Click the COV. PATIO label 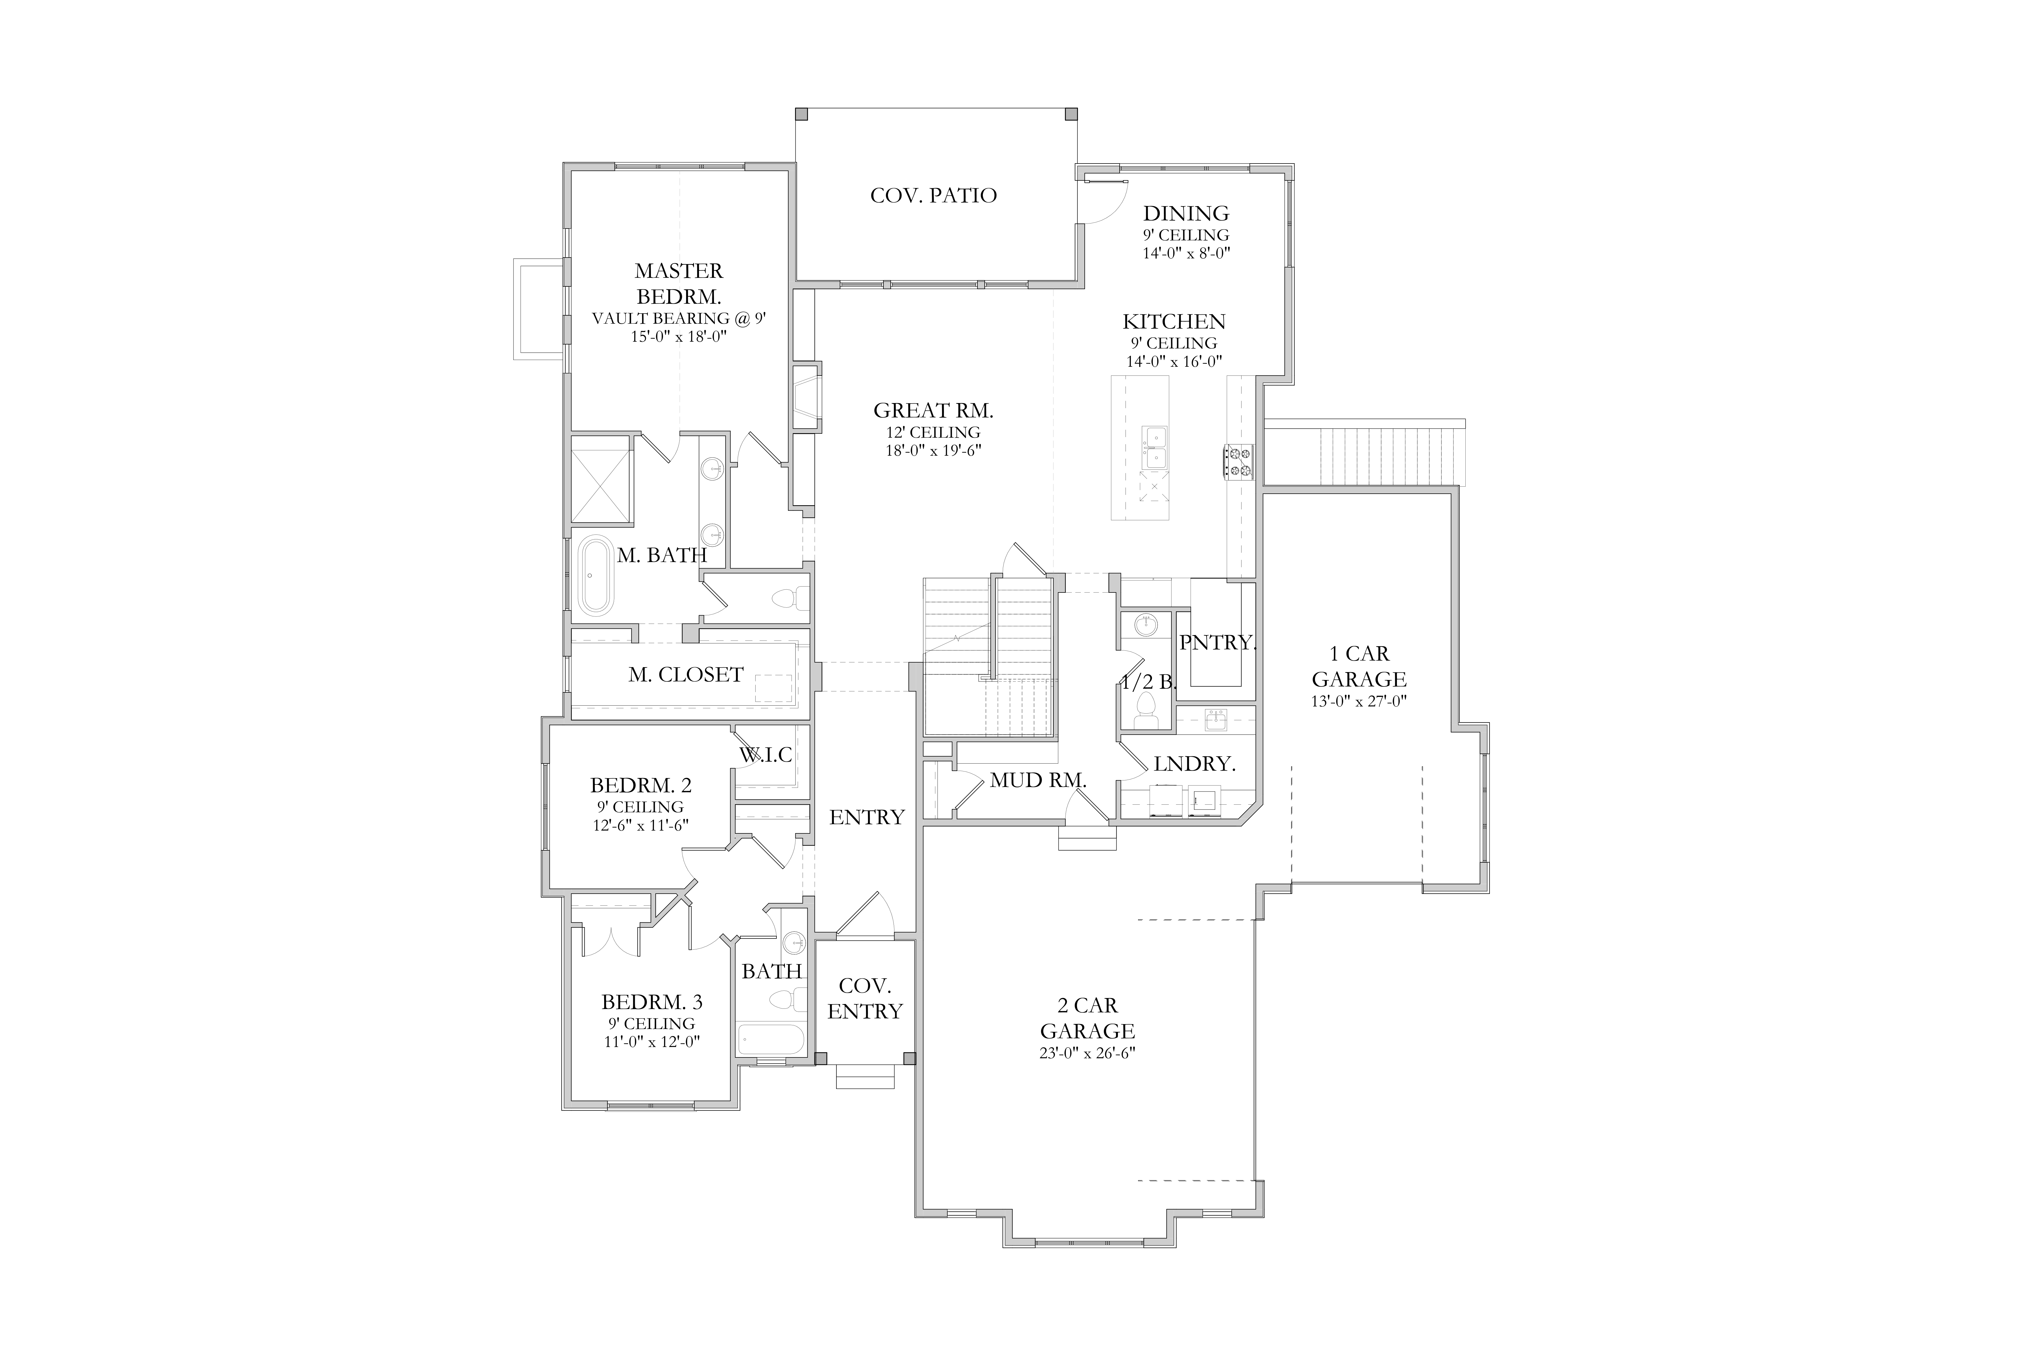coord(933,196)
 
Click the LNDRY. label coord(1195,763)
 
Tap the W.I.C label coord(765,755)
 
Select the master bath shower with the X coord(602,480)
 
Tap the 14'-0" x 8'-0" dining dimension coord(1186,253)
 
